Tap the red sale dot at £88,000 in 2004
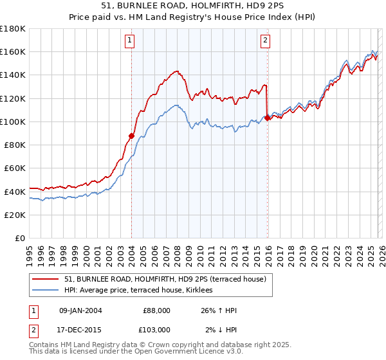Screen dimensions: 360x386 coord(131,136)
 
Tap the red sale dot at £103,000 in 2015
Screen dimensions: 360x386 coord(268,118)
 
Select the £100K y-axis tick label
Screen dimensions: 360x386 coord(13,122)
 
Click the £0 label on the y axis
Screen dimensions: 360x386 coord(19,238)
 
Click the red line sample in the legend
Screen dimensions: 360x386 coord(45,278)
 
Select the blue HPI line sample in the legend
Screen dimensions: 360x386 coord(45,291)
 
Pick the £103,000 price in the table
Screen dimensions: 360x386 coord(156,329)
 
